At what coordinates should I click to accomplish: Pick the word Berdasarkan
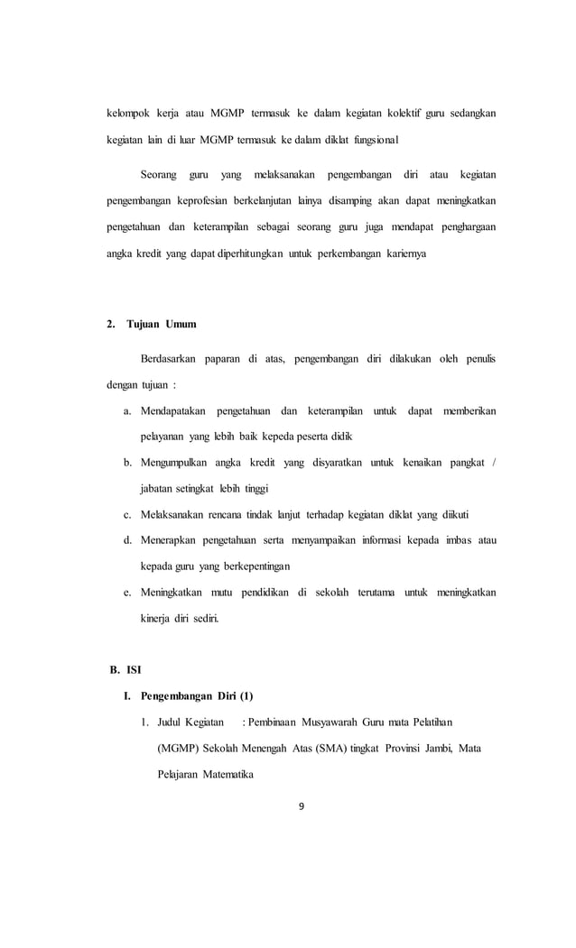(175, 359)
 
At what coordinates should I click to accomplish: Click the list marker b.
(128, 463)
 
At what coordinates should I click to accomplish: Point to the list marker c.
(128, 514)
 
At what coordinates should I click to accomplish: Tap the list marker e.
(128, 593)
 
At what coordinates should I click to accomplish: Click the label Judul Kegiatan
(190, 723)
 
